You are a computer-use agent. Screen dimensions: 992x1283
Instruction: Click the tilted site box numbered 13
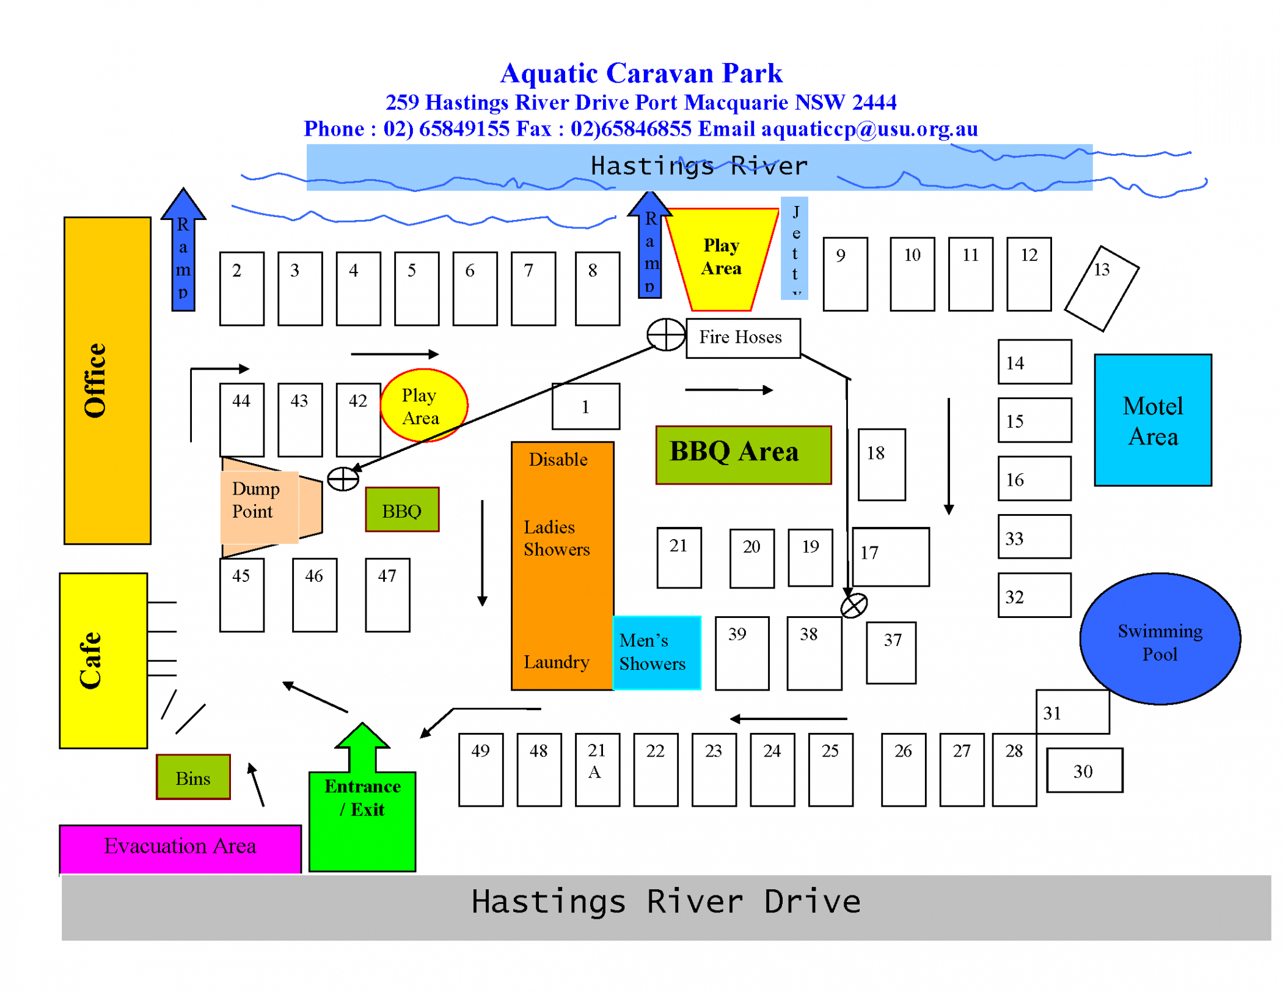1101,288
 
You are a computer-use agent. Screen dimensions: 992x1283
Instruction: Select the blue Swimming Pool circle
1160,639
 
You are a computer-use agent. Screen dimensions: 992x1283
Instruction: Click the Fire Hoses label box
743,338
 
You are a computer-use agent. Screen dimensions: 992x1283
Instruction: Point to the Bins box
193,777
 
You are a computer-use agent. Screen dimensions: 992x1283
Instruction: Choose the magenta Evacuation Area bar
180,848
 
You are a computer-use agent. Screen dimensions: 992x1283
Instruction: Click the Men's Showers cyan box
656,653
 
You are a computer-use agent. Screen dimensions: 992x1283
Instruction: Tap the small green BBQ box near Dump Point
402,510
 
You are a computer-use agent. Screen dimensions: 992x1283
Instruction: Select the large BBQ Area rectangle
743,455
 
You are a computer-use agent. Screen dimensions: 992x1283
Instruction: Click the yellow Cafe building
103,660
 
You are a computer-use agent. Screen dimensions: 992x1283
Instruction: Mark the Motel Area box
1152,421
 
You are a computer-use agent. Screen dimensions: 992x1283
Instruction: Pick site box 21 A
597,769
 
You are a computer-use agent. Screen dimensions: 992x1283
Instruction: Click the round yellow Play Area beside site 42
423,405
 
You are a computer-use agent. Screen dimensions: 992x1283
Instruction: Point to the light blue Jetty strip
794,248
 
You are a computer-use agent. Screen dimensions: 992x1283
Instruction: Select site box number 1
585,406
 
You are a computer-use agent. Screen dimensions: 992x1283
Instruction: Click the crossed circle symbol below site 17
854,606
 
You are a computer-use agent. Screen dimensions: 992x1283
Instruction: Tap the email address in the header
869,129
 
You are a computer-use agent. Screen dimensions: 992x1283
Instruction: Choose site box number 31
1072,712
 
